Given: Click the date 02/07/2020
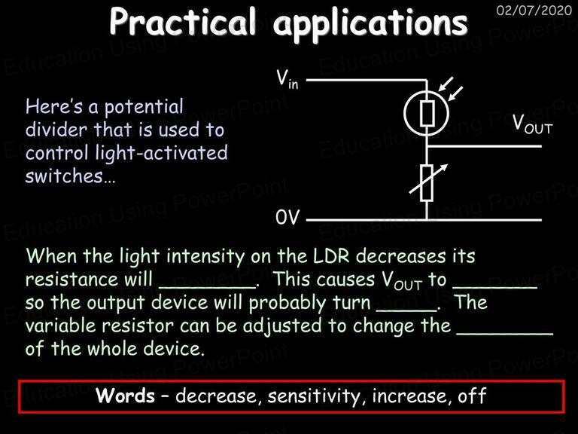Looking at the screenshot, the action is click(x=534, y=10).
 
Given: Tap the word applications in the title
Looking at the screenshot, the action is click(x=370, y=23).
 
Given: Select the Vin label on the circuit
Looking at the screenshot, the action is click(x=287, y=79).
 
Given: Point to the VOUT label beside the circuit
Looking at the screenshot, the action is click(x=533, y=124).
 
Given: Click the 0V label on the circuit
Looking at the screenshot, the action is click(x=287, y=217).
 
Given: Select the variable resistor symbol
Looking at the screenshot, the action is click(x=427, y=183).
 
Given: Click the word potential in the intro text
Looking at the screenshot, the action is click(x=144, y=108).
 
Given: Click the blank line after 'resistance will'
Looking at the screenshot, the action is click(x=208, y=287).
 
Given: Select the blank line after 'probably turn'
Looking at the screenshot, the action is click(x=406, y=310).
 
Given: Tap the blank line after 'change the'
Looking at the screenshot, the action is click(x=505, y=334).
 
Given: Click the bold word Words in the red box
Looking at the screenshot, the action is click(x=126, y=396).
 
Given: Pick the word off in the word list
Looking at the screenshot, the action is click(x=472, y=396).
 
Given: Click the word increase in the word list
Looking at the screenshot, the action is click(x=412, y=396).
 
